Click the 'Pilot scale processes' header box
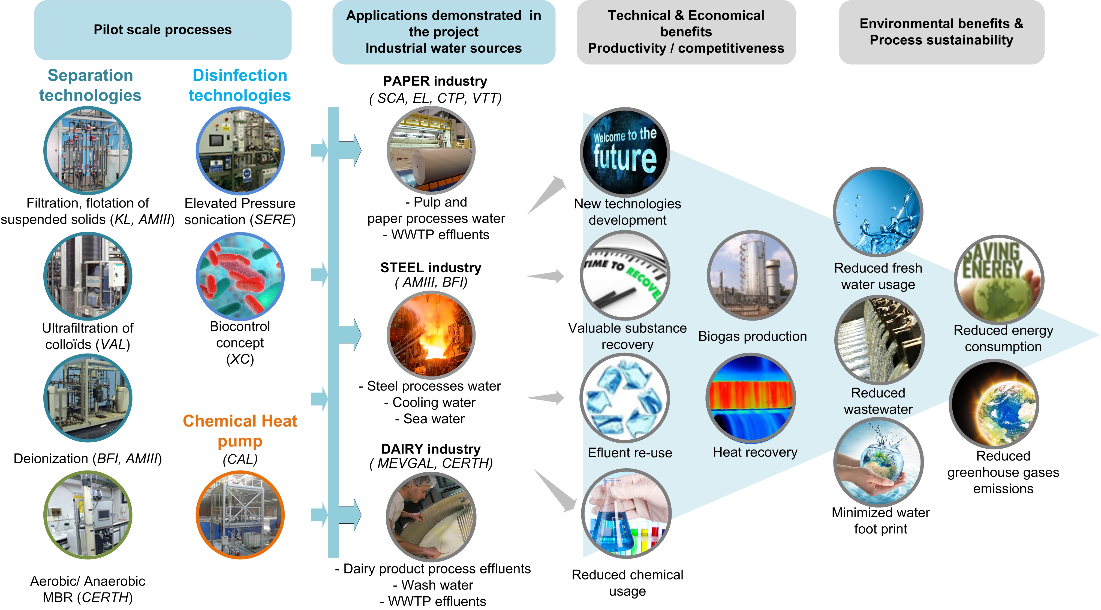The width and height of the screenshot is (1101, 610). coord(163,30)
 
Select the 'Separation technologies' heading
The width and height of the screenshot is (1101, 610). coord(90,85)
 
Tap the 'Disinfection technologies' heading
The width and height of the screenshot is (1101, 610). coord(240,85)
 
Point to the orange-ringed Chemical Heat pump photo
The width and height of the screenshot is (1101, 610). coord(240,515)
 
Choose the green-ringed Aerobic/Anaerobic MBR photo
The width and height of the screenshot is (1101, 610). coord(88,515)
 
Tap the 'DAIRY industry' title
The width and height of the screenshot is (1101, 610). coord(431,449)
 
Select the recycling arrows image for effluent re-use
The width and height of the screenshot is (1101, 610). coord(625,398)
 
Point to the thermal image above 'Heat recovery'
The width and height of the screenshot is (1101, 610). coord(751,398)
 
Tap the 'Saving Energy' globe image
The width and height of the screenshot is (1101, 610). coord(999,280)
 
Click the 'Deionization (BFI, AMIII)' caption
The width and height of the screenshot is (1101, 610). coord(88,459)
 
